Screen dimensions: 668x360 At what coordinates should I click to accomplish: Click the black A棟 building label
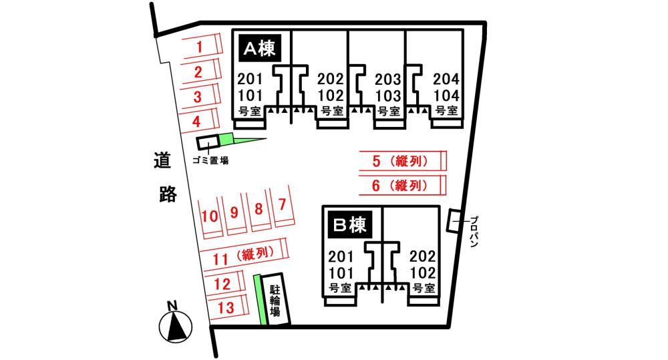click(x=260, y=48)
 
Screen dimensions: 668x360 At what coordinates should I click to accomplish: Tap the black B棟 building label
click(x=350, y=224)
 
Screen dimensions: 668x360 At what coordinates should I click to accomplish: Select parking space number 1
click(x=202, y=47)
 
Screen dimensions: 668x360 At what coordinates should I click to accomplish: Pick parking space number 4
click(x=199, y=121)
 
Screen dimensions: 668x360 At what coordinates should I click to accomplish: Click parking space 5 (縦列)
click(x=403, y=161)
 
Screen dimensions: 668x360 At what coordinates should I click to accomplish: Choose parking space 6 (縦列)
click(x=403, y=185)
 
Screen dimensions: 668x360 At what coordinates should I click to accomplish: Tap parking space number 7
click(x=282, y=205)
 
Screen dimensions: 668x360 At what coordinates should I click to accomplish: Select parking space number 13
click(x=226, y=307)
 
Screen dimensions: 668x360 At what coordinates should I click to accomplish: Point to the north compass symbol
click(x=175, y=323)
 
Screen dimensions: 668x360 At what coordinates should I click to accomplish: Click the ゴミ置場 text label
click(x=210, y=160)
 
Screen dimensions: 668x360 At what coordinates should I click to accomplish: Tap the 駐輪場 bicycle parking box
click(x=275, y=299)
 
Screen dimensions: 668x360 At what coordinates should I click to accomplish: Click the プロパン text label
click(x=474, y=232)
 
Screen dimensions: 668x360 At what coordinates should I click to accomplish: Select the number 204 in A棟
click(x=446, y=79)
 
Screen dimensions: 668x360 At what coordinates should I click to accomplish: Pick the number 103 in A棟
click(x=387, y=96)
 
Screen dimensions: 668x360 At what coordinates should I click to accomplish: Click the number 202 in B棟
click(x=423, y=256)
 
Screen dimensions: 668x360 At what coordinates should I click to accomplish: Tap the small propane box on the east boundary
click(x=454, y=221)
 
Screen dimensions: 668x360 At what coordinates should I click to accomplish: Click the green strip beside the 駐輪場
click(x=259, y=300)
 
